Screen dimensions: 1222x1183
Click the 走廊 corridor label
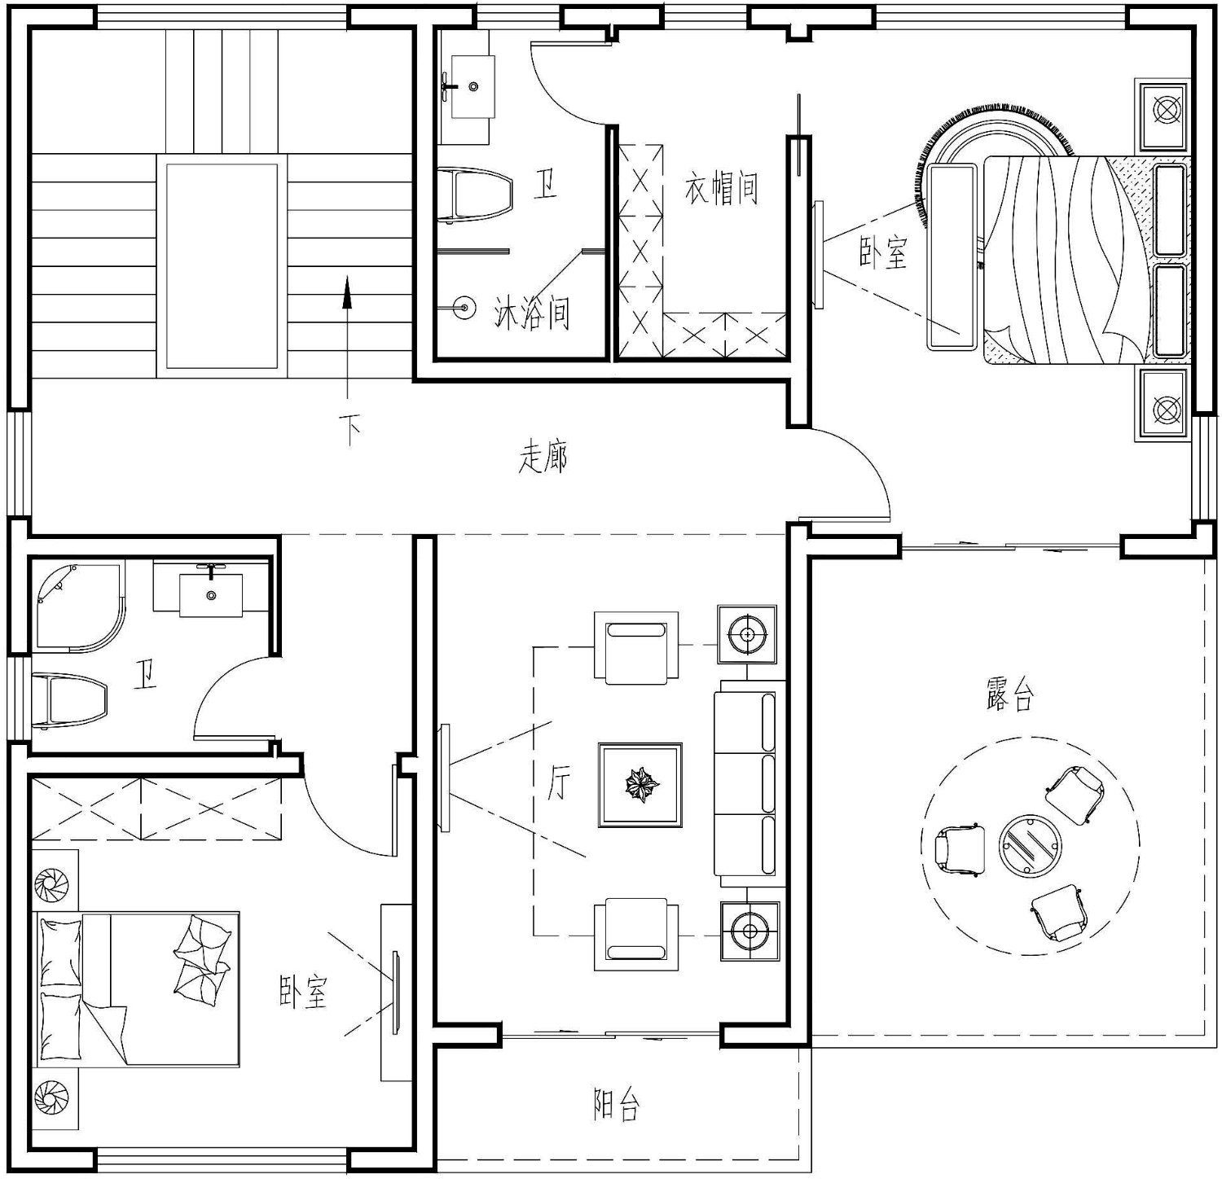pos(543,458)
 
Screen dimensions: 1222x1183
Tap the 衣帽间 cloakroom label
pos(722,188)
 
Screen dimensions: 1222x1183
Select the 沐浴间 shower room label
pos(532,312)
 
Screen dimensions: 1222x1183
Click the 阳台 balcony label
pos(616,1105)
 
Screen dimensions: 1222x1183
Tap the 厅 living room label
pos(559,782)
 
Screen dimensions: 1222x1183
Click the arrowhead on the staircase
pos(347,292)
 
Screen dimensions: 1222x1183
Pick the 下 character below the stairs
pos(351,429)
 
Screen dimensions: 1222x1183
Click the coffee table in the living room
pos(640,785)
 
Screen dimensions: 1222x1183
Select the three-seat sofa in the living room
pos(750,784)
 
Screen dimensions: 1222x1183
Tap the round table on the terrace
pos(1031,845)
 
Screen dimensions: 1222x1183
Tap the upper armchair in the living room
pos(636,647)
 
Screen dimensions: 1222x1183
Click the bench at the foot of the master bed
pos(952,256)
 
